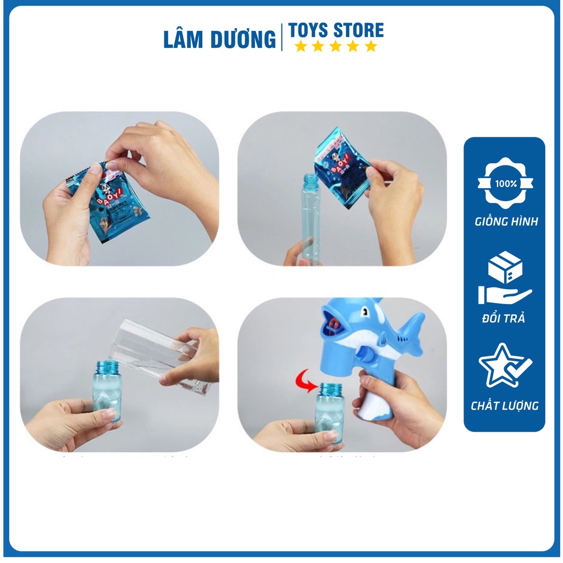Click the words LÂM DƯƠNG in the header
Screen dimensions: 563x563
(219, 40)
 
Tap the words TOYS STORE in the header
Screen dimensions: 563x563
(336, 30)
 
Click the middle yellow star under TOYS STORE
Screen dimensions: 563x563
(335, 47)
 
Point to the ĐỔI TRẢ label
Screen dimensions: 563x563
(505, 319)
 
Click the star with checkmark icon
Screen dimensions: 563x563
(505, 365)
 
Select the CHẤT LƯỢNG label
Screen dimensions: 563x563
(505, 406)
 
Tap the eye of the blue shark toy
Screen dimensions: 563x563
(363, 314)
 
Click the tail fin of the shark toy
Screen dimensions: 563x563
(412, 330)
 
